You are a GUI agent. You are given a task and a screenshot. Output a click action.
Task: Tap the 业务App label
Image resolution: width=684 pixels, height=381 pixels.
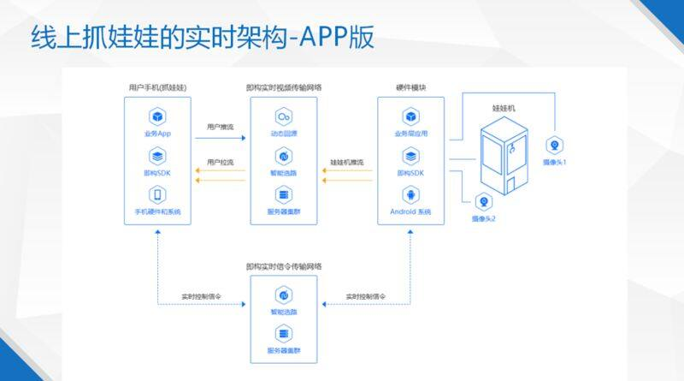158,134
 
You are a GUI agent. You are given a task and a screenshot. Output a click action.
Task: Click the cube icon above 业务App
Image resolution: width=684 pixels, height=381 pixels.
158,116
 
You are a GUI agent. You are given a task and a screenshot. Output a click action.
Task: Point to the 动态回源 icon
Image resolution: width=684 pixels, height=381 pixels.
283,116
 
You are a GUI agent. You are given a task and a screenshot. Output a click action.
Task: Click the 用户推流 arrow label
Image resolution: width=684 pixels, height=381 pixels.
220,127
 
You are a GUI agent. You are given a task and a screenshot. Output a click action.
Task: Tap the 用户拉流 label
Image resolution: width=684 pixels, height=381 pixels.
220,162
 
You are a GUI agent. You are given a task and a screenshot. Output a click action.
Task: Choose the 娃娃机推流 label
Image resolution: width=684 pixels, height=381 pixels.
346,162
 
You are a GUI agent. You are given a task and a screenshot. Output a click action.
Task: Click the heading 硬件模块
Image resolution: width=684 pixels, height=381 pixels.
410,87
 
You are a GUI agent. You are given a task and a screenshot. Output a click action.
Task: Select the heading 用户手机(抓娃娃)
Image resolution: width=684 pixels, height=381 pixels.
157,87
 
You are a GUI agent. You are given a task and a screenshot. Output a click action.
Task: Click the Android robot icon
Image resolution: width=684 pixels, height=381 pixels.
410,194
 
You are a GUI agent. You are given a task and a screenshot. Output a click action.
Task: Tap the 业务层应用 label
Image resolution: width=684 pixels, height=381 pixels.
410,134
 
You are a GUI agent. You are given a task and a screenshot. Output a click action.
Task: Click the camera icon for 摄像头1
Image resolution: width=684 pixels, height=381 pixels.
554,145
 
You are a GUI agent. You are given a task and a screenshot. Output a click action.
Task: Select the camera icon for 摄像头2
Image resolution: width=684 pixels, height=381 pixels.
484,203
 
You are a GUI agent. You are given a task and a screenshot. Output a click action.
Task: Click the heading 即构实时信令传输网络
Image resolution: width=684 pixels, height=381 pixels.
283,266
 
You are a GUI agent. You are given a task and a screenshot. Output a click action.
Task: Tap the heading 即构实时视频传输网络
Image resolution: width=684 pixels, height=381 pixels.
283,87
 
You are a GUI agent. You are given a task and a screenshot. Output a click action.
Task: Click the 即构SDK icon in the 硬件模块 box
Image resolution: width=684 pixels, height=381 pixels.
410,156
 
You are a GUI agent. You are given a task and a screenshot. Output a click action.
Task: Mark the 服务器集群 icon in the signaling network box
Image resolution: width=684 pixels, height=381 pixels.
283,335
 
